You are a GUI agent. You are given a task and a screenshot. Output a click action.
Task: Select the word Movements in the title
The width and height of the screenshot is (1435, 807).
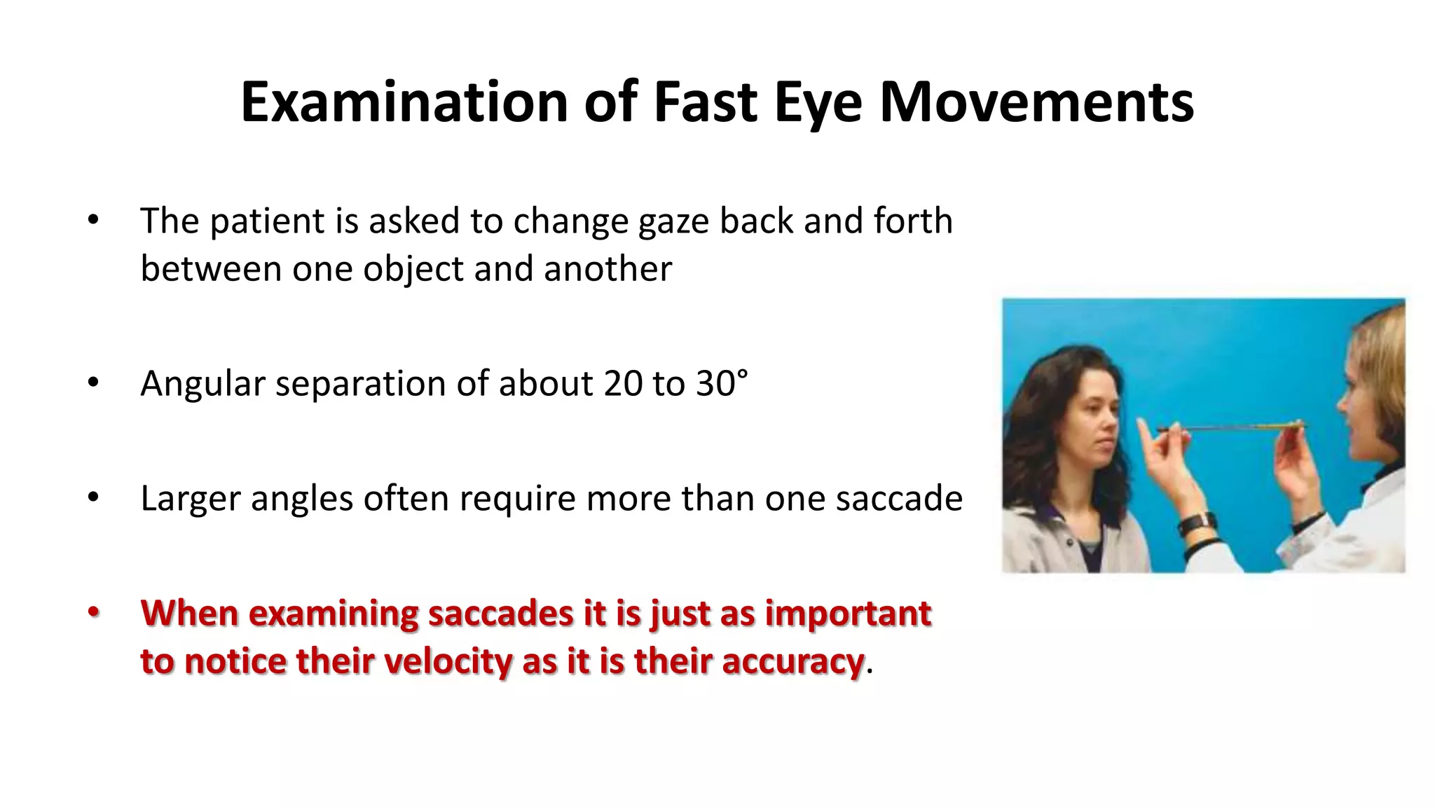tap(1036, 102)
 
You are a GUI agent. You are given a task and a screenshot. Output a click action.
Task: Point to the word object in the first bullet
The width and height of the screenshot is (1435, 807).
tap(413, 270)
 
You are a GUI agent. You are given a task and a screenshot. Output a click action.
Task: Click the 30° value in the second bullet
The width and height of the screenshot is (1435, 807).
tap(722, 384)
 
